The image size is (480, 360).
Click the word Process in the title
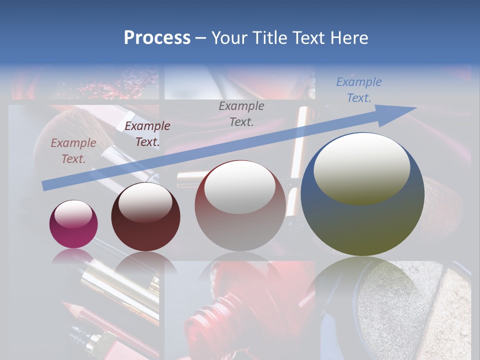point(157,37)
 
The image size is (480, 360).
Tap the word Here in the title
point(348,37)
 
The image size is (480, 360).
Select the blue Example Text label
point(358,90)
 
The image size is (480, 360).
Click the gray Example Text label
point(241,113)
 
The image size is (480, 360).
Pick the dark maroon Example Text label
point(147,134)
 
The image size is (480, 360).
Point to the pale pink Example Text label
point(73,151)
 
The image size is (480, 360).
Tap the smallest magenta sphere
point(73,224)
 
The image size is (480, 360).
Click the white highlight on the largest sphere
point(361,167)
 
